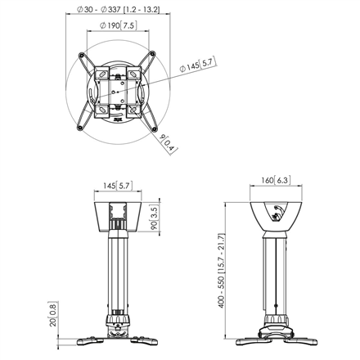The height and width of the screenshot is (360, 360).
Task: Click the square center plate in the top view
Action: point(118,91)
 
